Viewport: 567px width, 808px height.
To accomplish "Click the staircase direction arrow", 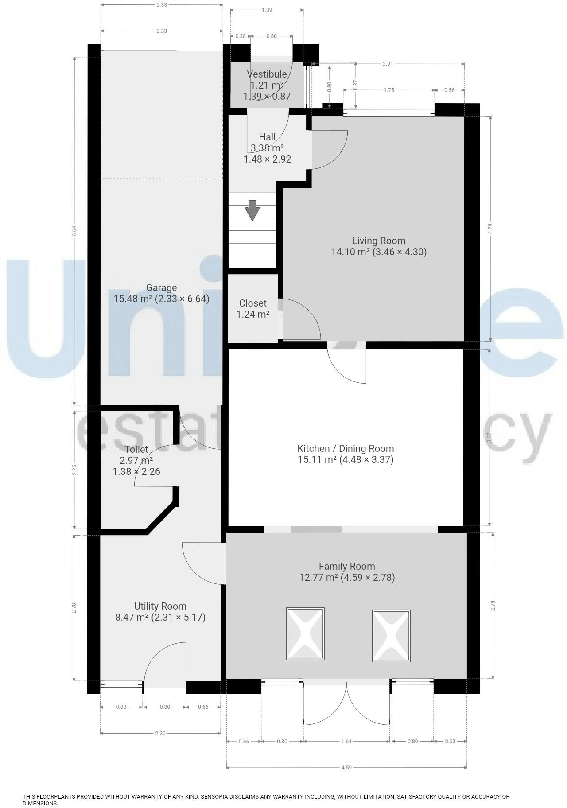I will (x=252, y=210).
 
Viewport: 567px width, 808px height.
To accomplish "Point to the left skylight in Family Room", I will (x=305, y=634).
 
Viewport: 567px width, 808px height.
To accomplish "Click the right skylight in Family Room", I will (x=391, y=636).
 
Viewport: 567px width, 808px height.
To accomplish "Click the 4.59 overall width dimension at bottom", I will (x=346, y=768).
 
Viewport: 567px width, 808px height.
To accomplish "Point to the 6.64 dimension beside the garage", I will (x=75, y=231).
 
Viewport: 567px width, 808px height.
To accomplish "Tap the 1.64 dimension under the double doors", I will (x=346, y=741).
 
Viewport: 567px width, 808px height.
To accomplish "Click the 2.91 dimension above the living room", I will (x=388, y=64).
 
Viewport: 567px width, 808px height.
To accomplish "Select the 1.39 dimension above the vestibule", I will (x=267, y=10).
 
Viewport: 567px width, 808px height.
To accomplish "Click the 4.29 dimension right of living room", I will (x=490, y=229).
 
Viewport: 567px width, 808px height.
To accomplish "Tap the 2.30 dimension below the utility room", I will (x=160, y=734).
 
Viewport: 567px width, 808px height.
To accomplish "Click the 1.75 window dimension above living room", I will (x=388, y=90).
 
